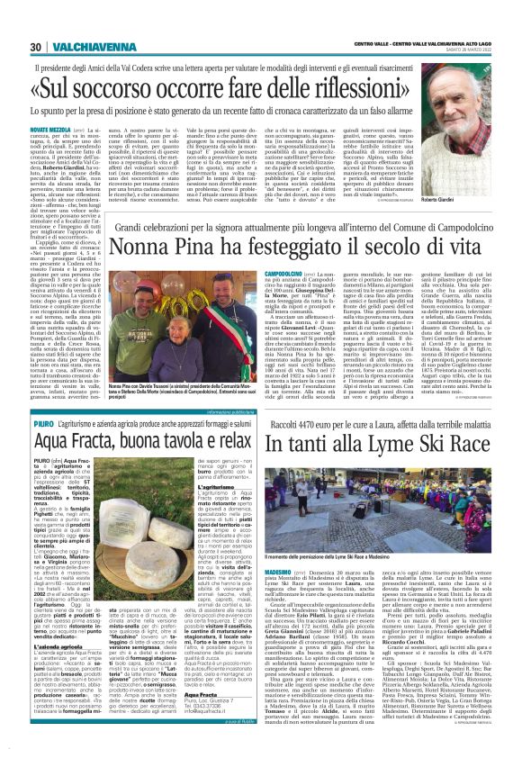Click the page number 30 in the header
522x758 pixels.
36,48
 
